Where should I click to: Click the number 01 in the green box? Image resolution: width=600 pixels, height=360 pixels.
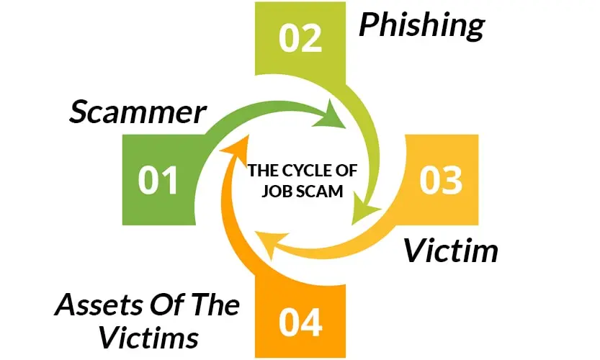158,180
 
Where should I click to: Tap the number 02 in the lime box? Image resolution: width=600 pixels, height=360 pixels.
301,37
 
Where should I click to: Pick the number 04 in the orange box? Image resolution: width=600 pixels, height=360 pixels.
301,323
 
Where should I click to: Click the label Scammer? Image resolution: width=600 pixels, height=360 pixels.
138,112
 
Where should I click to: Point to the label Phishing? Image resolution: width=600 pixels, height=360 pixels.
422,26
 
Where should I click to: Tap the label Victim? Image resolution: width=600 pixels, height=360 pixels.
450,251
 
